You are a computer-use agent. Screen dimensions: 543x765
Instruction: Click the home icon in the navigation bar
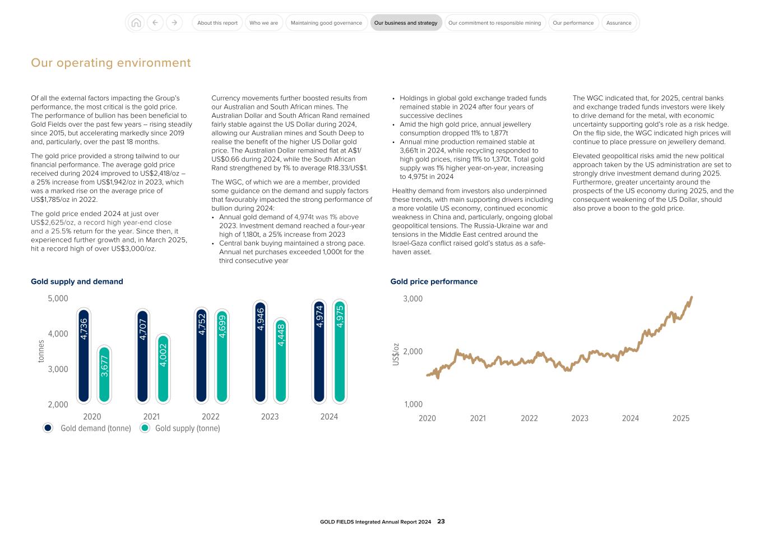136,23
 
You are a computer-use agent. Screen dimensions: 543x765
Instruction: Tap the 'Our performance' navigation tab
573,23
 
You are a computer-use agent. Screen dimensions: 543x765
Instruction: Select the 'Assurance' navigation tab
619,23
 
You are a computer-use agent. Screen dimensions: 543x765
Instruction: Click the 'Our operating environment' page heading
111,63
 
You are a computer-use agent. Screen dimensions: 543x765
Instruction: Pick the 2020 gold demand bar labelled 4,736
84,356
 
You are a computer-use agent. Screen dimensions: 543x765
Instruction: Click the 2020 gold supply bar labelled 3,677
104,374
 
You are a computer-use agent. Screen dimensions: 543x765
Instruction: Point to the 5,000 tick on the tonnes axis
58,298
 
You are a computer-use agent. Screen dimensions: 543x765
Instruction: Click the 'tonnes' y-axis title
40,351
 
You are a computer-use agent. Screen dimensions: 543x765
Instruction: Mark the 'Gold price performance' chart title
434,282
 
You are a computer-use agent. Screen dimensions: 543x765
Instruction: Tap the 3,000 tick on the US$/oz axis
412,298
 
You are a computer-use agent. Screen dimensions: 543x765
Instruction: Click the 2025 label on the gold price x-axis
680,418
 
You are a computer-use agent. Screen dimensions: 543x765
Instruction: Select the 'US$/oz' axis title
396,355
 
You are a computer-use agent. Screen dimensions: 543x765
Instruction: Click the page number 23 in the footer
441,521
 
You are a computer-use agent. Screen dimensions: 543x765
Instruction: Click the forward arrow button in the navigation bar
174,23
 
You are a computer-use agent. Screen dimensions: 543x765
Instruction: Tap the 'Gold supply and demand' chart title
77,282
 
